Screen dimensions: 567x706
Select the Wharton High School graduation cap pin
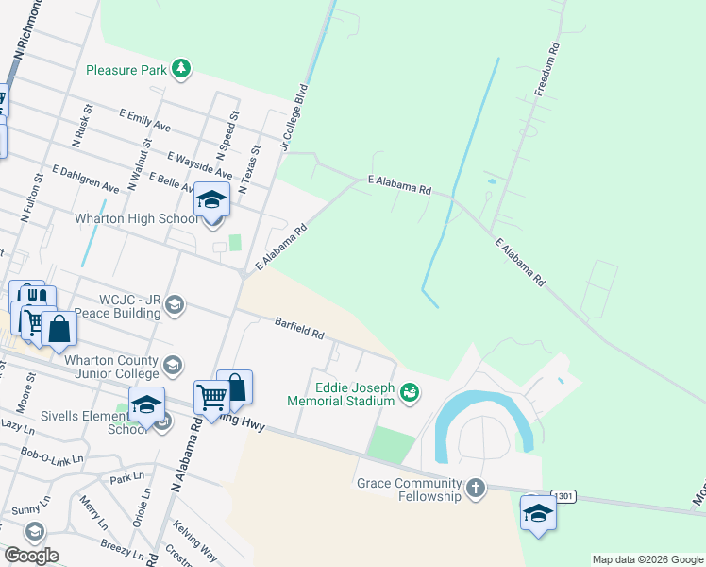click(x=212, y=201)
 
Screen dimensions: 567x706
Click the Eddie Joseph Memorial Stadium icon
click(x=409, y=390)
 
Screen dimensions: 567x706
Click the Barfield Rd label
click(x=299, y=329)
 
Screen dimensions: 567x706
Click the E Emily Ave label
click(x=144, y=119)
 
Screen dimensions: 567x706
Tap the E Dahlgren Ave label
click(x=86, y=179)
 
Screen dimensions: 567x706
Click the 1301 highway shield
click(x=563, y=496)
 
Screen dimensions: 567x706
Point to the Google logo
click(x=31, y=555)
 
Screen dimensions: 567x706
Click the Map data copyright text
click(x=647, y=559)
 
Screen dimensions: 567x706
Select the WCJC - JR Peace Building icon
click(x=174, y=304)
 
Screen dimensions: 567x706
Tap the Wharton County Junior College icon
click(x=173, y=365)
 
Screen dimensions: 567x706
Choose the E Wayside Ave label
click(x=198, y=165)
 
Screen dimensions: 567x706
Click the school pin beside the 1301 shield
click(x=538, y=513)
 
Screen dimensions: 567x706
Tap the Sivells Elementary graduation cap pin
click(x=146, y=406)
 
